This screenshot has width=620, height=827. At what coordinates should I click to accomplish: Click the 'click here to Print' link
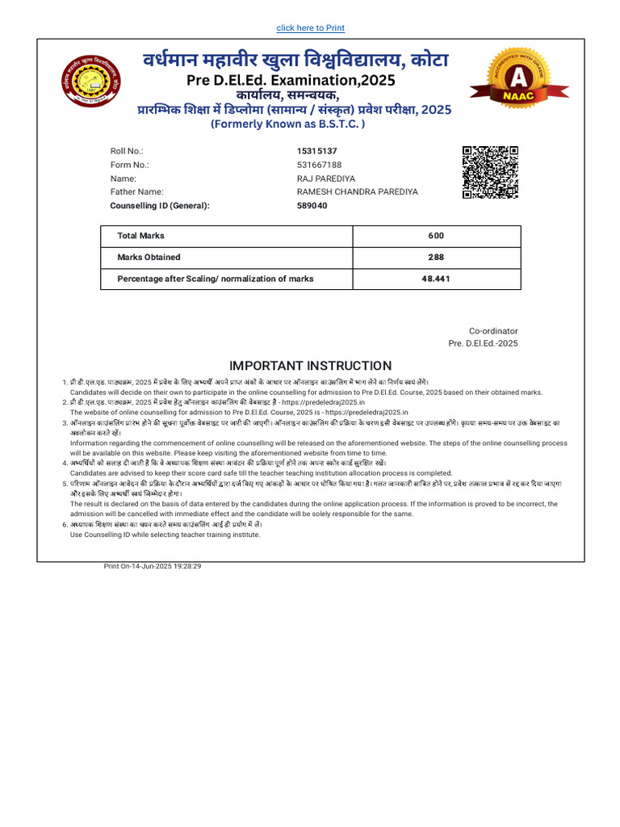[x=310, y=28]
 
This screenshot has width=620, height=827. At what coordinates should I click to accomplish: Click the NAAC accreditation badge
[x=508, y=78]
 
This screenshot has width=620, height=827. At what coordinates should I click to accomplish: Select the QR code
[x=490, y=172]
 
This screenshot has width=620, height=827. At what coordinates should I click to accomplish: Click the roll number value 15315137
[x=317, y=151]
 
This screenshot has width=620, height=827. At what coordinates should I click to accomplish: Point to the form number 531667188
[x=320, y=165]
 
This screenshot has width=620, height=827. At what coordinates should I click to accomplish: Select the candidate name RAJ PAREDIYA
[x=326, y=178]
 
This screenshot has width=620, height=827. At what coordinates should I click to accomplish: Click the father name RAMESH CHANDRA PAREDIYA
[x=358, y=192]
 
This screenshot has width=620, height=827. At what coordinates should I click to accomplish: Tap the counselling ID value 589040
[x=312, y=206]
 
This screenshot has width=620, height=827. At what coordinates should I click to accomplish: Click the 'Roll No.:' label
[x=127, y=151]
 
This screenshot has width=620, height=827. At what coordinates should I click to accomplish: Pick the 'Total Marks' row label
[x=141, y=236]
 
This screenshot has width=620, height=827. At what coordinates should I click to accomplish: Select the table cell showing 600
[x=436, y=236]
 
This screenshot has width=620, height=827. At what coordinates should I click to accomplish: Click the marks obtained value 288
[x=436, y=258]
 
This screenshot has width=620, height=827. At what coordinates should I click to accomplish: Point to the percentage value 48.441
[x=436, y=279]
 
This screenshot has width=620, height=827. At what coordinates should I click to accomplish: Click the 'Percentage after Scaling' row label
[x=216, y=279]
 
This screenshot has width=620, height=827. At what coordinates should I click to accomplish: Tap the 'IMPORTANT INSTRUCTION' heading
[x=310, y=366]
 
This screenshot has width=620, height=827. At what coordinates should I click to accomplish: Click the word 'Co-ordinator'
[x=493, y=331]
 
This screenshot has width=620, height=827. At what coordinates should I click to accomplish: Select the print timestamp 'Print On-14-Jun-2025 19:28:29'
[x=153, y=566]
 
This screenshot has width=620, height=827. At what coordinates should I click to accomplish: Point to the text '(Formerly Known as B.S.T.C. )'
[x=287, y=124]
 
